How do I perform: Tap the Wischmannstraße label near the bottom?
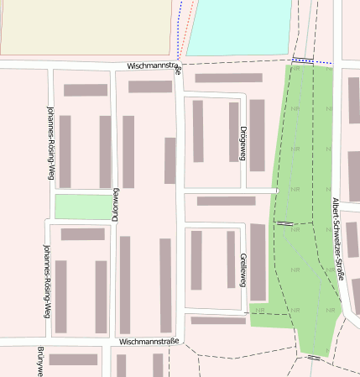coord(149,342)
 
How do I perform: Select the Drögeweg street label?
coord(243,144)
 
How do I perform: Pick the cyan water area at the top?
coord(239,25)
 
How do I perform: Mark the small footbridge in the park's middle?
coord(285,223)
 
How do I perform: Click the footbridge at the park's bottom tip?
coord(313,358)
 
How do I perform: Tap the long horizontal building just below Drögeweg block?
coord(226,201)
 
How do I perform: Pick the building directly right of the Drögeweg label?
coord(257,134)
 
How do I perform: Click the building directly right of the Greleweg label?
coord(258,262)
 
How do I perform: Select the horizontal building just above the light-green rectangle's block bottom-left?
coord(82,234)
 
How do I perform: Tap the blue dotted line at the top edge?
coord(180,29)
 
